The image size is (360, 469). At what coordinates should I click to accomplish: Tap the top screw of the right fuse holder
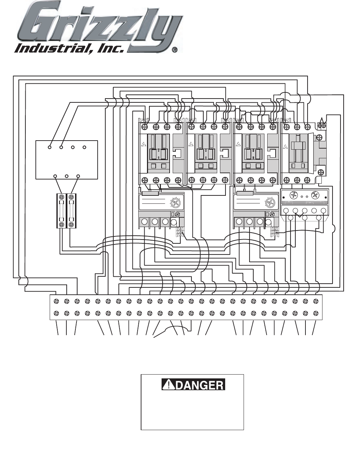coord(72,197)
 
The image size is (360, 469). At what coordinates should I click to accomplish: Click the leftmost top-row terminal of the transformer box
coord(50,147)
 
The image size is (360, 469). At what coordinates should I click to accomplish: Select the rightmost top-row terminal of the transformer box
coord(84,147)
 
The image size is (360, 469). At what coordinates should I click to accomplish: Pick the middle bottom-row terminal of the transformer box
coord(67,176)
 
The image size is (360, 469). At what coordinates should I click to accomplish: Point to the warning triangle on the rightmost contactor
coord(286,146)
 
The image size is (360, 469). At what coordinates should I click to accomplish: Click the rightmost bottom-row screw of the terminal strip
coord(316,313)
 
